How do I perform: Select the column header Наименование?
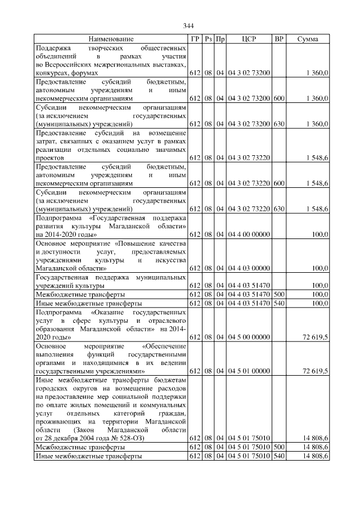click(x=111, y=39)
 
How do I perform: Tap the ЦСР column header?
click(x=249, y=39)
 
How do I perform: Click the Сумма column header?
click(x=308, y=39)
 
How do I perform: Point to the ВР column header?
click(x=278, y=39)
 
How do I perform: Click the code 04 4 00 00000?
click(x=249, y=234)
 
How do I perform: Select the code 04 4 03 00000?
click(x=249, y=268)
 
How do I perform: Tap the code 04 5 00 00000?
click(x=249, y=337)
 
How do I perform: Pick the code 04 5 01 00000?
click(x=249, y=371)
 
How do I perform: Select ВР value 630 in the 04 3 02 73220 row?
click(x=278, y=209)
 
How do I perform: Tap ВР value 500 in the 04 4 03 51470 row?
click(x=278, y=294)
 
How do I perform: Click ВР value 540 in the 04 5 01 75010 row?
click(x=278, y=456)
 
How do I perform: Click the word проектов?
click(x=50, y=159)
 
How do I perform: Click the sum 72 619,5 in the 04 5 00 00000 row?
click(x=315, y=337)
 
